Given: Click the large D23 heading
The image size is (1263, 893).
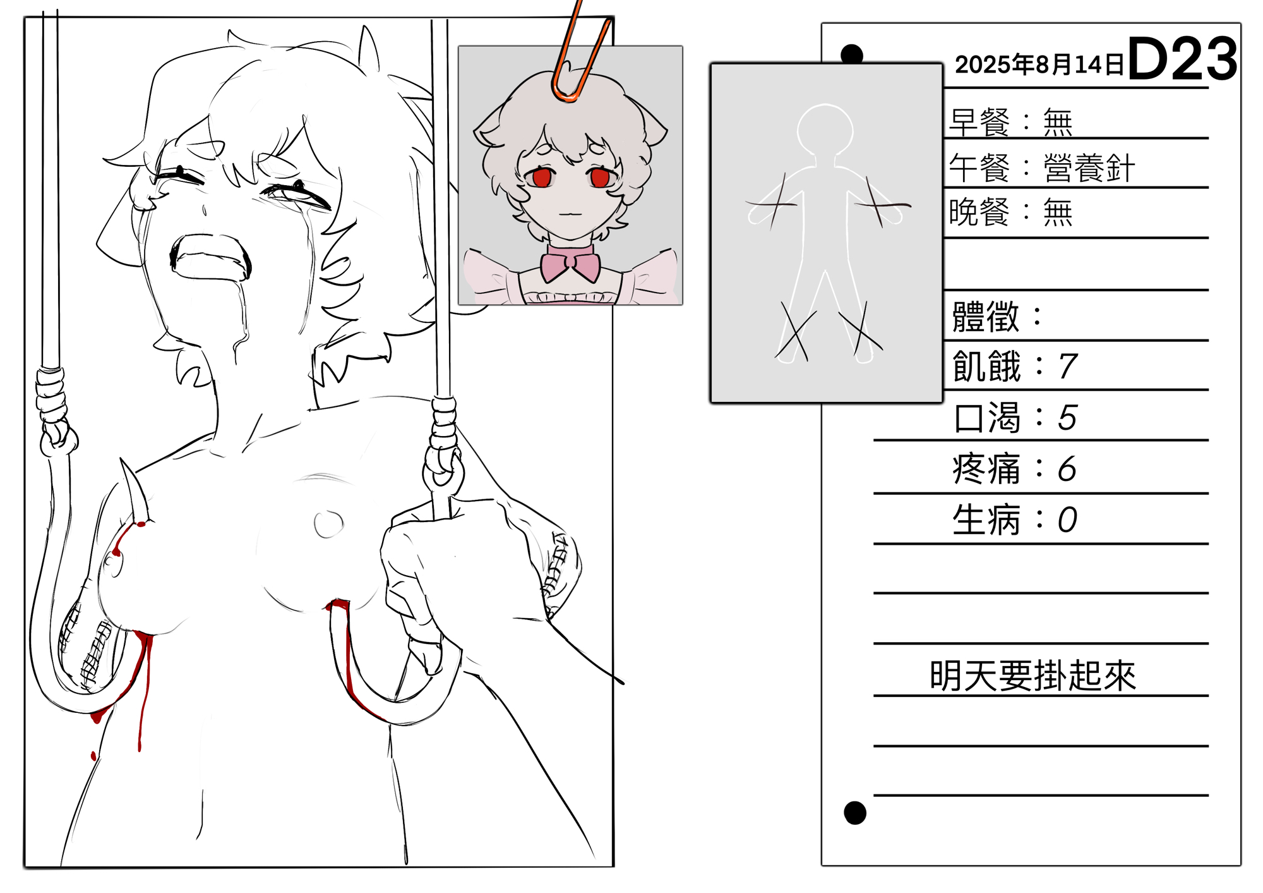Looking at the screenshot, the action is tap(1182, 58).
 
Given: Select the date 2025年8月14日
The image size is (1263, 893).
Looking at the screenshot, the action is tap(1039, 64).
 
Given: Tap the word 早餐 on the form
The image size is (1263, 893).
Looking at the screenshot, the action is tap(980, 122).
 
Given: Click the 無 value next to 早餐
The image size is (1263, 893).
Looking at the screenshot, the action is tap(1058, 122).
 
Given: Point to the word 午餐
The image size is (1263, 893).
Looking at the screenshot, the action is tap(980, 168).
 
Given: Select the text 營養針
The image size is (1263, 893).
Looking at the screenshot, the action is tap(1089, 168).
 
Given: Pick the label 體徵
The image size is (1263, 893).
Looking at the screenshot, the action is tap(986, 317).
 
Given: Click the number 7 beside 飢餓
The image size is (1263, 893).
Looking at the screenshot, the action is tap(1068, 367).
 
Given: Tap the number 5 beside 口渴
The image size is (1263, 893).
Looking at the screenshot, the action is tap(1067, 418).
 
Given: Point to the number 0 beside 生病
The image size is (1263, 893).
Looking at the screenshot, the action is tap(1067, 520).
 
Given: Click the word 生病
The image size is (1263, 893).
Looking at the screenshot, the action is tap(986, 520).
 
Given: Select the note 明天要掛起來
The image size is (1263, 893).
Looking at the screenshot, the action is tap(1033, 676).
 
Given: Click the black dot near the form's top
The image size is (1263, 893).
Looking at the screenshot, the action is tap(853, 54).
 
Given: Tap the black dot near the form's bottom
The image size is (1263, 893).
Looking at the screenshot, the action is tap(855, 813).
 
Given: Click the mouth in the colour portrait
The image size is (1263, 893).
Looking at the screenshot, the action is tap(570, 214).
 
